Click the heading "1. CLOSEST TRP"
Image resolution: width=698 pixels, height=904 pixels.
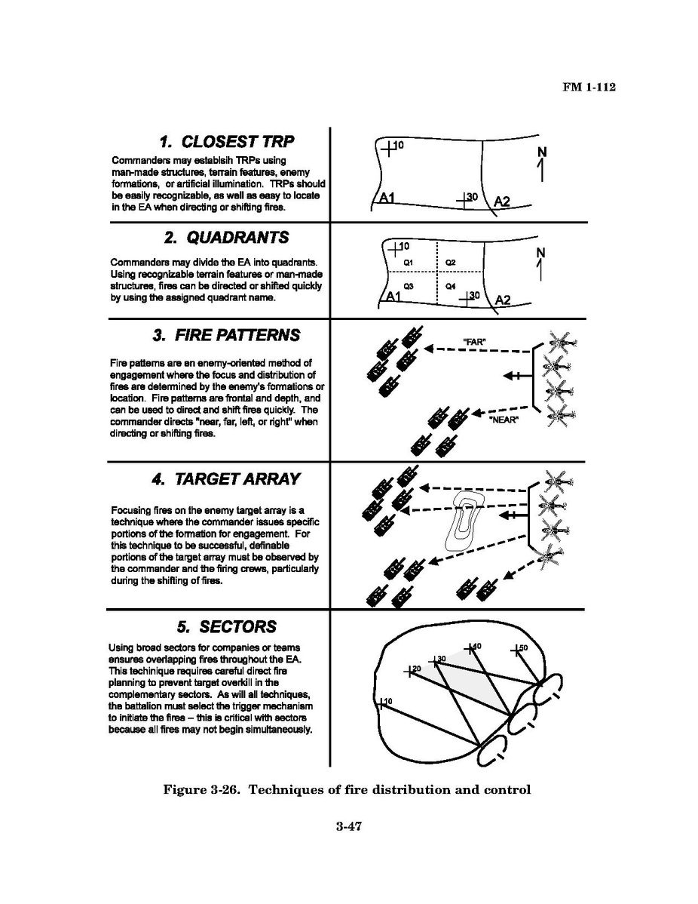(x=226, y=143)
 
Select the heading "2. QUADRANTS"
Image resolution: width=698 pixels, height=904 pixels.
(x=226, y=238)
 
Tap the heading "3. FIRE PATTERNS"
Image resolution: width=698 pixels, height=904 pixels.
(x=226, y=335)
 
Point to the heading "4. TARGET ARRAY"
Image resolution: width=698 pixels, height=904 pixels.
(x=226, y=479)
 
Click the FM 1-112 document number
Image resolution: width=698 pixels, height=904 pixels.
(x=589, y=88)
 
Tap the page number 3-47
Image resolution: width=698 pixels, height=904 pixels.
(x=350, y=827)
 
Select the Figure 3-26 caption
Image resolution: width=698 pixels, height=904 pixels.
(x=347, y=790)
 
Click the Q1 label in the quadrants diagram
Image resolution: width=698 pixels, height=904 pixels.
(x=408, y=261)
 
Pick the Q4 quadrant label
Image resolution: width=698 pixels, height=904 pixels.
(x=449, y=287)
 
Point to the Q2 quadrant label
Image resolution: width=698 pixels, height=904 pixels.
(x=450, y=261)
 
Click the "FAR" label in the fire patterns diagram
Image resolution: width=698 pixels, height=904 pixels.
(x=473, y=341)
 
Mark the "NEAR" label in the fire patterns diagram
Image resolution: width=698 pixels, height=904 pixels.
(x=504, y=420)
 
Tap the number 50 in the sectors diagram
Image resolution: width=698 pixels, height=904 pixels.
(x=524, y=648)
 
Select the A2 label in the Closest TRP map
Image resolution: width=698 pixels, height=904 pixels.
(x=502, y=201)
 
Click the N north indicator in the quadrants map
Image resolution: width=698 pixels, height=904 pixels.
(x=540, y=251)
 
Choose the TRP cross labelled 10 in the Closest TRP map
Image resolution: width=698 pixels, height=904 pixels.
(x=388, y=148)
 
